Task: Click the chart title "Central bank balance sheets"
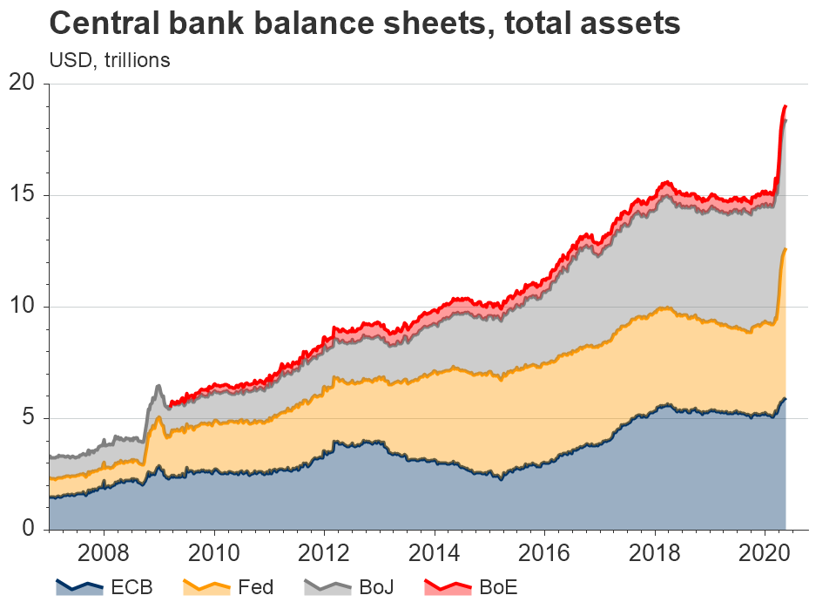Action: coord(365,24)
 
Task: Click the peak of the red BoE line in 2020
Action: coord(785,106)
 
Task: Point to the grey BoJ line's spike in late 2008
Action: coord(158,386)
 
